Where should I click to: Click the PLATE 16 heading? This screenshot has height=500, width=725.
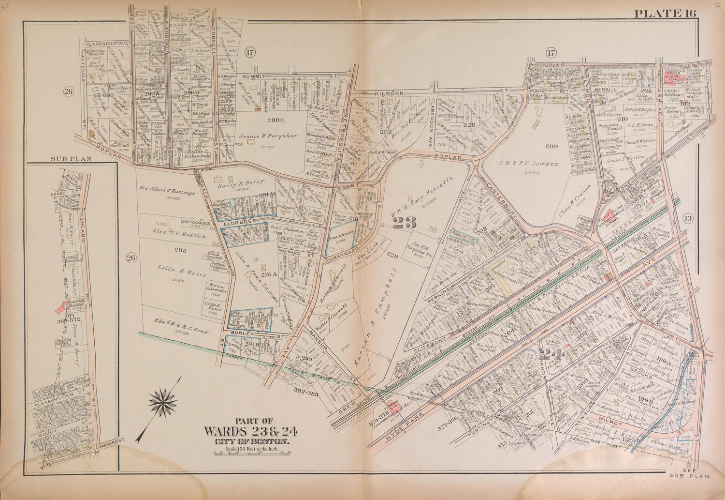[x=665, y=13]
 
